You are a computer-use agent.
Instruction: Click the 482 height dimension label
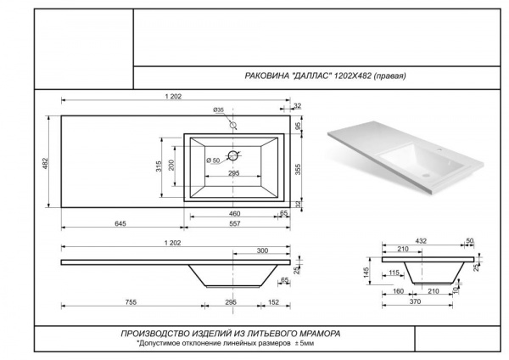(46, 163)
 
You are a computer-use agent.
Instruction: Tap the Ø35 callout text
(219, 110)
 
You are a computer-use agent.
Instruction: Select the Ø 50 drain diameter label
(213, 160)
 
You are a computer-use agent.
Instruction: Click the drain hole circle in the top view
(233, 155)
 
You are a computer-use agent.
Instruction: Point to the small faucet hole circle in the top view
(233, 125)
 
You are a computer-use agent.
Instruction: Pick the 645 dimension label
(120, 223)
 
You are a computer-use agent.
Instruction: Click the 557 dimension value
(235, 223)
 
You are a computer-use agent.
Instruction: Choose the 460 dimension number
(234, 213)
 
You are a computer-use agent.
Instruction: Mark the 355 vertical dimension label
(298, 169)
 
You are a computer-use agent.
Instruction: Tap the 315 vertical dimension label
(159, 166)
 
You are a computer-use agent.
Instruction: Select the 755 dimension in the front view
(131, 302)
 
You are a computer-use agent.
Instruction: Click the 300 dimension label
(262, 250)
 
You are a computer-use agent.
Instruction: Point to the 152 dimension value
(274, 302)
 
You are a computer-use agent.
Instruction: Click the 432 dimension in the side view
(421, 241)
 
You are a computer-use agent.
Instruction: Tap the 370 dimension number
(415, 301)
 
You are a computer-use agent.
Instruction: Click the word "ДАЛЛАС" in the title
(311, 76)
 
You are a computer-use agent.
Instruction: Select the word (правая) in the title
(389, 76)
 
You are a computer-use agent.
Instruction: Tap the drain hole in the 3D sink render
(426, 176)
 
